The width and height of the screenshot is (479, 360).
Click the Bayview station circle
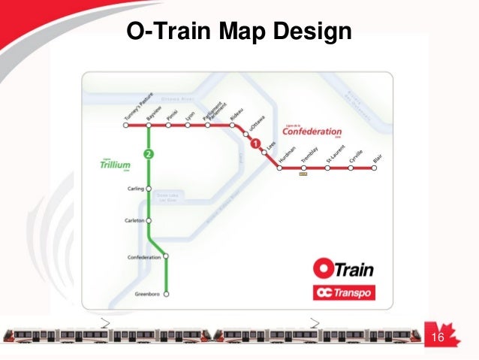pos(149,126)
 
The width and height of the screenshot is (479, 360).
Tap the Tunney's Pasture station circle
pos(125,126)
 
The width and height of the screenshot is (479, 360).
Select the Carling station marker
pos(149,188)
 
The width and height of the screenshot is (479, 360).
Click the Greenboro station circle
pos(167,293)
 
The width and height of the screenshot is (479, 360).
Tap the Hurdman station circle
pos(279,168)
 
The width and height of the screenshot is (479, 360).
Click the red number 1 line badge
pos(255,144)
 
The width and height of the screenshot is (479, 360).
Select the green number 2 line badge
pos(149,155)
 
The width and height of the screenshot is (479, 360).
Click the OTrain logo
pos(343,268)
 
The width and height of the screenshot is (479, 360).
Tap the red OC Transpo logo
pos(344,292)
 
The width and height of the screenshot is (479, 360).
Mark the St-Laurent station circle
pos(327,168)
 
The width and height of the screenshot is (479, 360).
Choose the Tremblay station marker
pos(303,168)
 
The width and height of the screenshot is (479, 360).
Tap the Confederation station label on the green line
pos(145,257)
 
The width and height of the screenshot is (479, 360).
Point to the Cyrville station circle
pos(351,168)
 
